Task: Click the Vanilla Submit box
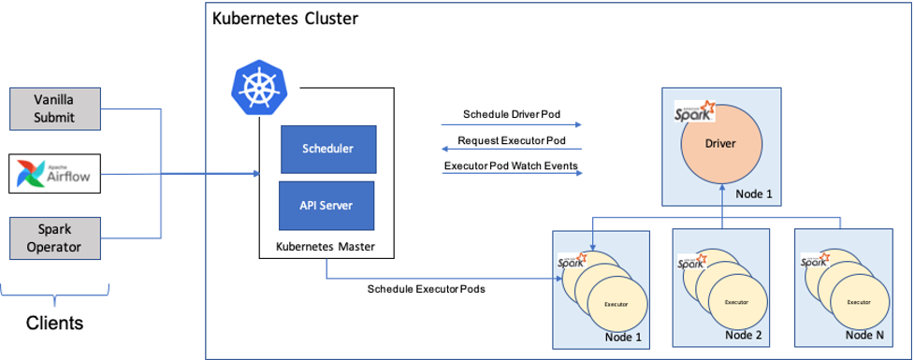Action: (x=55, y=108)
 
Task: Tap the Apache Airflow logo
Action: (x=55, y=175)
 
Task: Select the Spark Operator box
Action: (x=55, y=238)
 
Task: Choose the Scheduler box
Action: (x=327, y=149)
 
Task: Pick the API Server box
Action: (x=327, y=205)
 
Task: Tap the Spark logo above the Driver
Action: (x=694, y=111)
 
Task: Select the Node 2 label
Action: (x=745, y=335)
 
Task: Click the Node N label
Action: (x=866, y=335)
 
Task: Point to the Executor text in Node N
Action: (x=858, y=302)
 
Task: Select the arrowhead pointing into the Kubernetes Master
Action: (x=255, y=174)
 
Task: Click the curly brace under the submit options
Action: (x=55, y=297)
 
